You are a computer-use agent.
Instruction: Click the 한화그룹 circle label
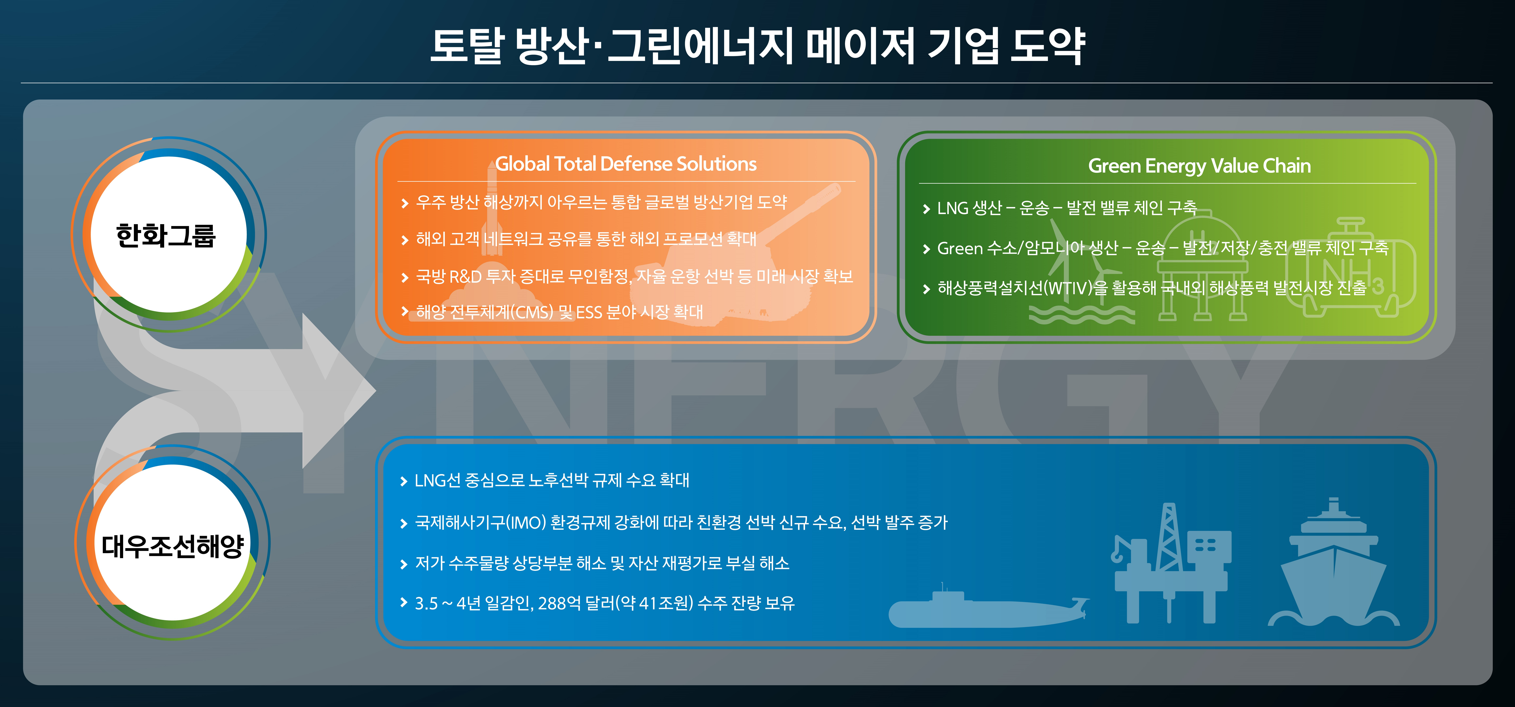click(166, 235)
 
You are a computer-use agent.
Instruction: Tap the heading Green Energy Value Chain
click(1199, 166)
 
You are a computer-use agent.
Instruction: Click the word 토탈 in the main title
click(468, 46)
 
